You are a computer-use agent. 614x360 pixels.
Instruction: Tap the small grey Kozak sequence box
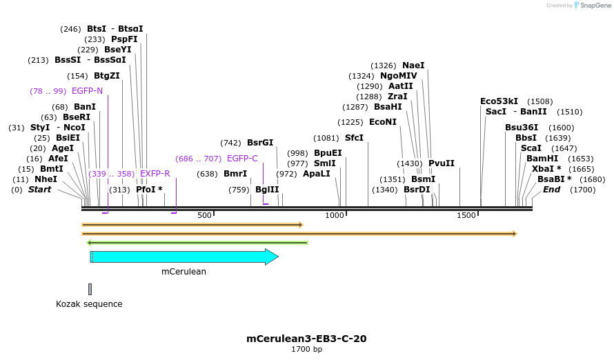click(x=90, y=289)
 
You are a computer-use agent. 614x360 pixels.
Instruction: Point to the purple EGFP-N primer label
click(x=87, y=91)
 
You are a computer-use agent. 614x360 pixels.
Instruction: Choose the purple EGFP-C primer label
click(x=242, y=159)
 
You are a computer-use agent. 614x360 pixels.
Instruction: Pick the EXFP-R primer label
click(x=155, y=174)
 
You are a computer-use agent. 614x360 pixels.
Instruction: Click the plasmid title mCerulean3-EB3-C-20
click(x=306, y=339)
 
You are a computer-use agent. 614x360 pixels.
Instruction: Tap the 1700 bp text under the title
click(x=306, y=349)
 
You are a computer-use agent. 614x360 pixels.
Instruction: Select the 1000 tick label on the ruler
click(x=335, y=216)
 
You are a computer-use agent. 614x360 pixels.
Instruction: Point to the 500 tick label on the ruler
click(x=204, y=216)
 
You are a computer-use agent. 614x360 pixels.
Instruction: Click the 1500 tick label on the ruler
click(x=466, y=216)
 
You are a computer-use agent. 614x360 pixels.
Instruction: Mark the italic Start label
click(x=39, y=190)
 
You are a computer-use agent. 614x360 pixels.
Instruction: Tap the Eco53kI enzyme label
click(x=499, y=101)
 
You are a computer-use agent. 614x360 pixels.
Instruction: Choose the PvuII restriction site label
click(x=442, y=163)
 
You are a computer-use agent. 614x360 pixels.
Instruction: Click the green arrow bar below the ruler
click(x=197, y=242)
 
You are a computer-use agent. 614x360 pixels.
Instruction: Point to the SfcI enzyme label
click(x=354, y=138)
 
